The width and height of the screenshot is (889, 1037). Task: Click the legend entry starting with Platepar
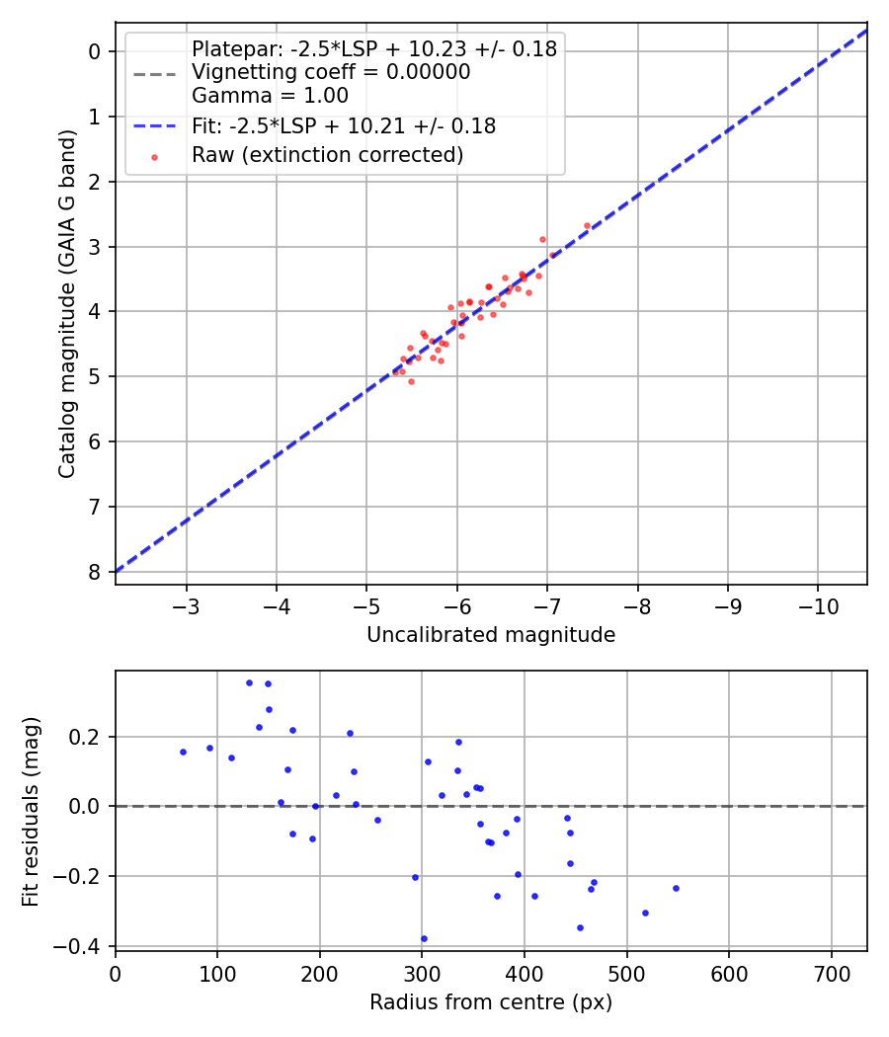coord(373,48)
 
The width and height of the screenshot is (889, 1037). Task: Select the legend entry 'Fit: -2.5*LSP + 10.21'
coord(343,126)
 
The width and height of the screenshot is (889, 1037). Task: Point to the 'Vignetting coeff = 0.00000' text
coord(330,72)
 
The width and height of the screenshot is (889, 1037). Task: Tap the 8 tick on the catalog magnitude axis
coord(95,573)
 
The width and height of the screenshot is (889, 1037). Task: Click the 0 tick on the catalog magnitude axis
coord(95,51)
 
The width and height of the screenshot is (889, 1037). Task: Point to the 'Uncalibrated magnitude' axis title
coord(491,635)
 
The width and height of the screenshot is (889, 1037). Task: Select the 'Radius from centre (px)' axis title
coord(491,1002)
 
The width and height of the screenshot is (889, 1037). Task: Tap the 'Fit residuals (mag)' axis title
coord(31,810)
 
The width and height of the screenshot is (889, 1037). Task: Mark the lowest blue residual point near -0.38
coord(424,939)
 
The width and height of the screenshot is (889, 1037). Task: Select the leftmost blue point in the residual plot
coord(183,752)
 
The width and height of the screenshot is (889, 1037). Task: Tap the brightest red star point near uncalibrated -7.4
coord(587,225)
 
